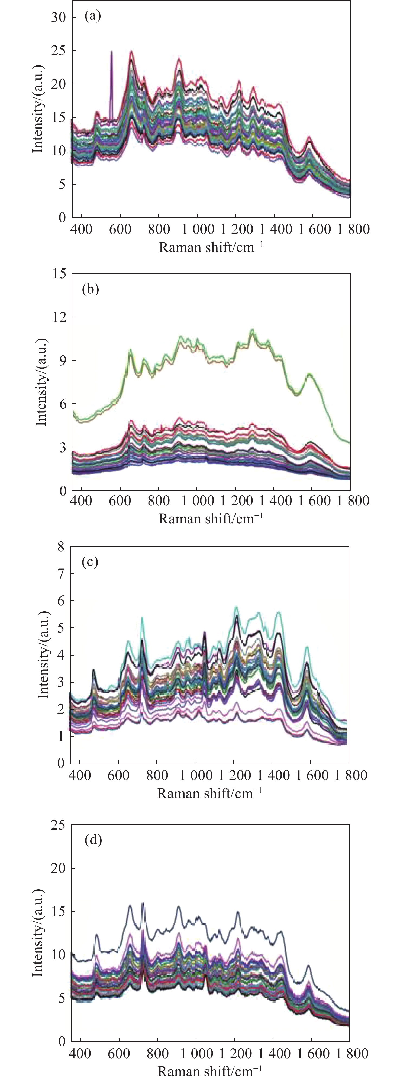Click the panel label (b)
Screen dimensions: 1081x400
[90, 290]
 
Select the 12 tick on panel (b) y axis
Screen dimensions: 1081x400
[60, 317]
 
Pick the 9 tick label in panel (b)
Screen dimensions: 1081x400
[63, 361]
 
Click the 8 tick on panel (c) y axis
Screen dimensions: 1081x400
[61, 546]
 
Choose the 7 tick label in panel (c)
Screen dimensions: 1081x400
[61, 574]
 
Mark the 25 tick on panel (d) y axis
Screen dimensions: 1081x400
[58, 825]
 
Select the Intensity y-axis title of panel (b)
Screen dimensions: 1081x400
[41, 382]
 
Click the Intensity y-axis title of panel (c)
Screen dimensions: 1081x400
[43, 655]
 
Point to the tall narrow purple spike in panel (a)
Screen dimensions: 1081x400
[111, 84]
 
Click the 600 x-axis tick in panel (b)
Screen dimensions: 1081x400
[120, 501]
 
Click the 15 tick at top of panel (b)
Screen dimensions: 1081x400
[60, 274]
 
